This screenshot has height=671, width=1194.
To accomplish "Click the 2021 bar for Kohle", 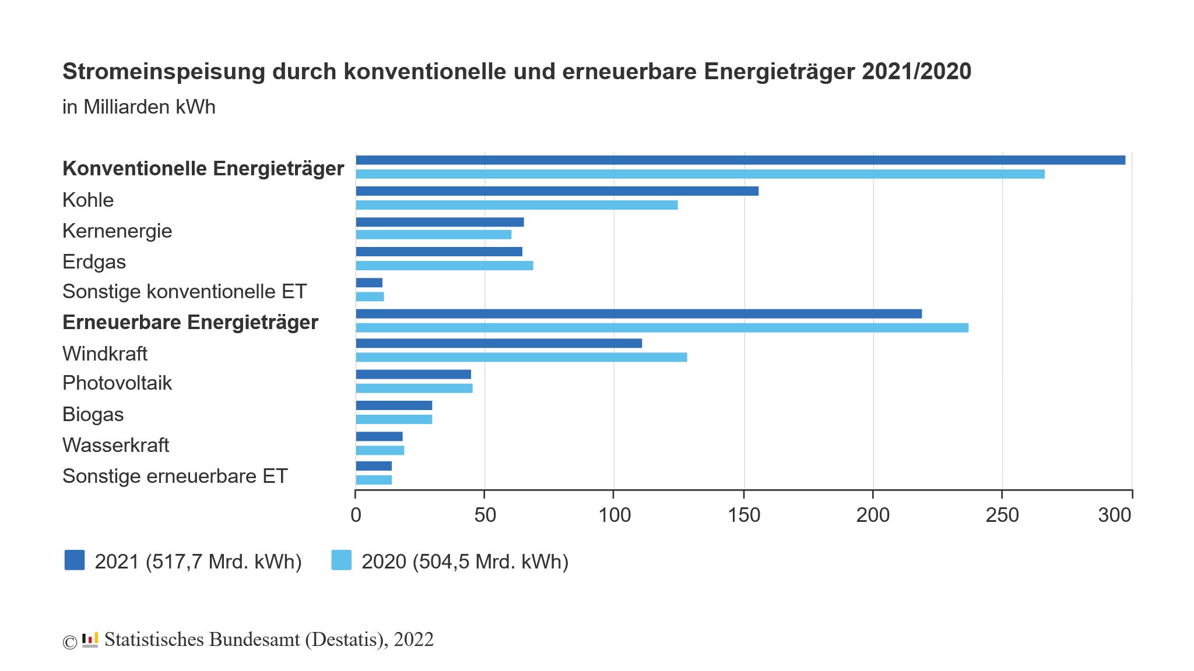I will pos(557,191).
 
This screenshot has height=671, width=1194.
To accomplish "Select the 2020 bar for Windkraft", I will pos(521,357).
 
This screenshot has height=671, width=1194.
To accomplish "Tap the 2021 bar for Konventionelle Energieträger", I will pos(740,160).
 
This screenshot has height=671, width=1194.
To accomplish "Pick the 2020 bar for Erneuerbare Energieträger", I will pos(662,327).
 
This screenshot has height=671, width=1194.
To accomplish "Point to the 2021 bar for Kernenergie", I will pos(440,222).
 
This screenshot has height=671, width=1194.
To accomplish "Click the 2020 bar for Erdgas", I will pos(444,266).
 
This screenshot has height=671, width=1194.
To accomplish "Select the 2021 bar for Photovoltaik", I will pos(413,375).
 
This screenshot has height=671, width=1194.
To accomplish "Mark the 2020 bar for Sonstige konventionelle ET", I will pos(370,296).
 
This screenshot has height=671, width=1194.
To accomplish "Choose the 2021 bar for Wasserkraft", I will pos(379,436).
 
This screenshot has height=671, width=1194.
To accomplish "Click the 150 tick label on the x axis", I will pos(744,515).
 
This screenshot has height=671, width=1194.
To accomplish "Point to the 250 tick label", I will pos(1002,515).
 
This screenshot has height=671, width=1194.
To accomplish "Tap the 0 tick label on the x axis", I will pos(356,515).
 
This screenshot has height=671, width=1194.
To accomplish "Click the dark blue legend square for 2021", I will pos(75,560).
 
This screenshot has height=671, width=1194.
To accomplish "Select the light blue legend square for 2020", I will pos(342,560).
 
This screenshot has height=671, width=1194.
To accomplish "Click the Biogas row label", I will pos(93,414).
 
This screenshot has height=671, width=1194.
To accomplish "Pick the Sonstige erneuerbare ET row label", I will pos(175,476).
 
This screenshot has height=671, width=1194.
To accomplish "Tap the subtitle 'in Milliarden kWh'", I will pos(139,107).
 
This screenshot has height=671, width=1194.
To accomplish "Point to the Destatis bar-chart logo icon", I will pos(90,640).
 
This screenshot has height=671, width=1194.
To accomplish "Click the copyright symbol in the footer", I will pos(69,642).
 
